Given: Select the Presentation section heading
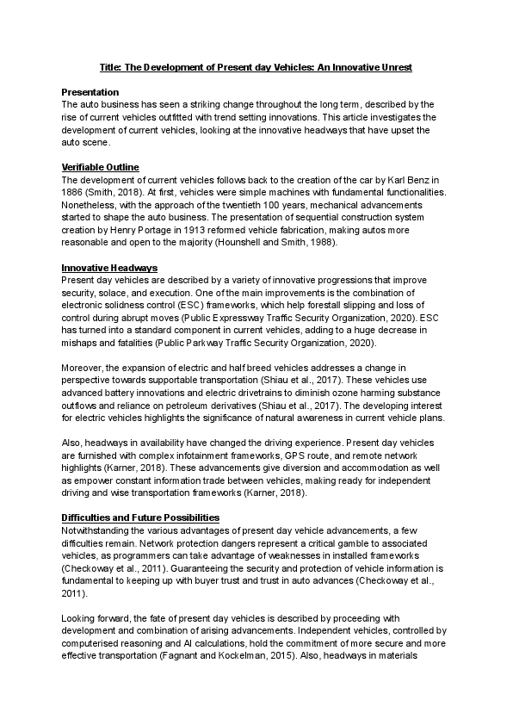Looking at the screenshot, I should (x=90, y=91).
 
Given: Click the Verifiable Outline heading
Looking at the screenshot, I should (x=100, y=167).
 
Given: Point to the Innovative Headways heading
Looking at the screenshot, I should (x=103, y=269).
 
